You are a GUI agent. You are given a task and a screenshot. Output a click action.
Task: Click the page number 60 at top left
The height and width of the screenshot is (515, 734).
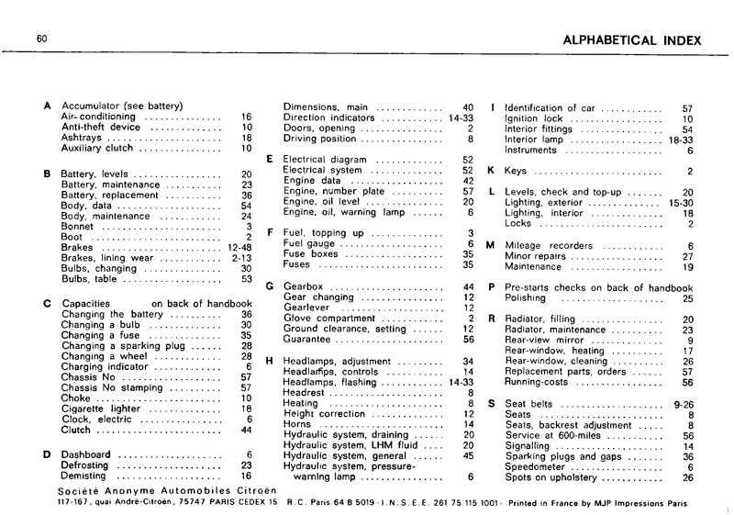[x=42, y=39]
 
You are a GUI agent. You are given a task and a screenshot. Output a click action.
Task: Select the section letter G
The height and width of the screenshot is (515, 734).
[x=271, y=286]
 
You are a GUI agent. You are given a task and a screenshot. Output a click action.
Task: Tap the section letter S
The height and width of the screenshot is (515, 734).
[x=492, y=404]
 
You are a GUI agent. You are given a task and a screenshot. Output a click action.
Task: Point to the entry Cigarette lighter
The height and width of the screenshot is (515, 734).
[x=99, y=409]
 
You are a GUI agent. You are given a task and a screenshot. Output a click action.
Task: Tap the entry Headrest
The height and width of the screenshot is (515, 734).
[x=306, y=393]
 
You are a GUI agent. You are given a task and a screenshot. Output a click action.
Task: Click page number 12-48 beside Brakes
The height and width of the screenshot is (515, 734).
[x=239, y=248]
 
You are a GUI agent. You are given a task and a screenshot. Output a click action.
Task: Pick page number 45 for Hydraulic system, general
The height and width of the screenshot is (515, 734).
[x=468, y=455]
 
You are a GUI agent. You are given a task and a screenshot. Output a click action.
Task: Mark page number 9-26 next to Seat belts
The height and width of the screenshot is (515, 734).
[x=683, y=404]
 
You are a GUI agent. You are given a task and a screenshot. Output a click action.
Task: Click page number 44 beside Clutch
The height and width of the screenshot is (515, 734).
[x=245, y=430]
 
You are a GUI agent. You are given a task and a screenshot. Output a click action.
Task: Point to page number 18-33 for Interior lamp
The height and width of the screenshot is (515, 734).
[x=680, y=140]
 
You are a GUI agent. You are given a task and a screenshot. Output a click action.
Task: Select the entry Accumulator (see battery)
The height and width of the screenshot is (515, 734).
[x=122, y=106]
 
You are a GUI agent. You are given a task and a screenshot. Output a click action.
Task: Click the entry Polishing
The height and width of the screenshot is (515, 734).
[x=526, y=298]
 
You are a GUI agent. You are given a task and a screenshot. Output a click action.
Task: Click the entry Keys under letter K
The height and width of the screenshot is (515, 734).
[x=517, y=171]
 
